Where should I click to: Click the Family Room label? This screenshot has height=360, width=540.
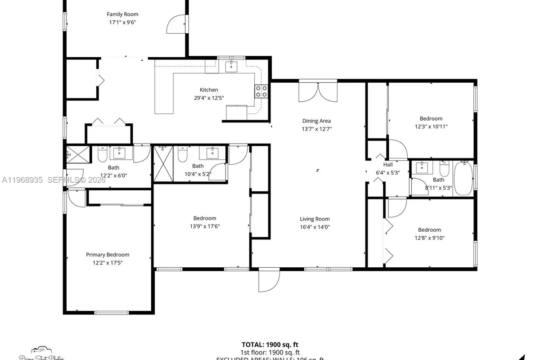[x=122, y=14]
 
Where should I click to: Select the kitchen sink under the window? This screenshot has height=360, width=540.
[x=231, y=67]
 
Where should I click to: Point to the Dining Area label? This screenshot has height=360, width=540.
[x=316, y=121]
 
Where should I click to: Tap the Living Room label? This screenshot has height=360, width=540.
[x=315, y=219]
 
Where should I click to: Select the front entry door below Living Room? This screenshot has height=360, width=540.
[x=269, y=281]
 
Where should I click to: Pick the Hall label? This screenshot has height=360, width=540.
[x=387, y=165]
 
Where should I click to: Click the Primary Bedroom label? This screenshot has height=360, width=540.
[x=108, y=255]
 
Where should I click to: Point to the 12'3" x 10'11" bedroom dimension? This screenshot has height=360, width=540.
[x=431, y=126]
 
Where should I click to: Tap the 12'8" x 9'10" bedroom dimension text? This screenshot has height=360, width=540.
[x=429, y=238]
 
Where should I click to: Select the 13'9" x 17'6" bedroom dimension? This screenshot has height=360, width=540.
[x=205, y=226]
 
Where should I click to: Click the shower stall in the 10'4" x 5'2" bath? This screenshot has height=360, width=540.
[x=163, y=163]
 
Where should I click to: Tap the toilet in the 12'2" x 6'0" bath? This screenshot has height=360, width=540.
[x=102, y=156]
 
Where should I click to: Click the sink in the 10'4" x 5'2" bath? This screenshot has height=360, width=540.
[x=212, y=153]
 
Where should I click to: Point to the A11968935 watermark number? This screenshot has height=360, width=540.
[x=22, y=180]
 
